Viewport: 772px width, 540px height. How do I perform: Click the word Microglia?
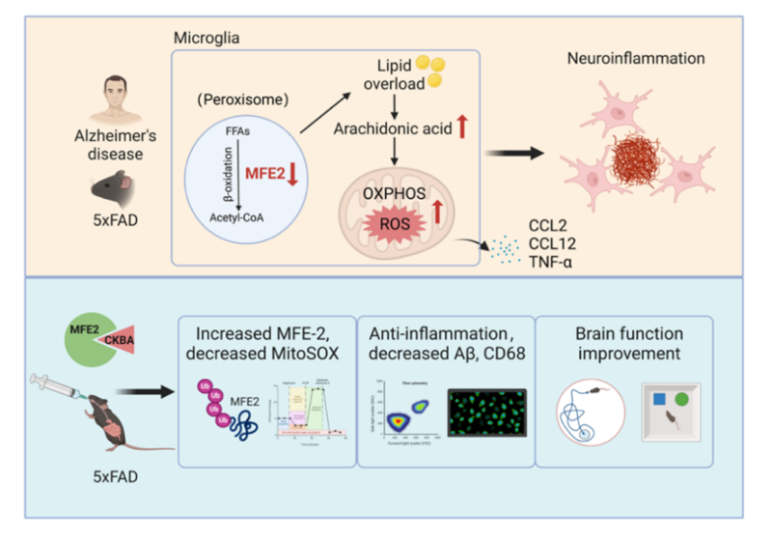click(206, 38)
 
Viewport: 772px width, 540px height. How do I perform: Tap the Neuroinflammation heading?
click(635, 59)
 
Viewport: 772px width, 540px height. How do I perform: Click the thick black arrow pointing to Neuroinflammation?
click(512, 153)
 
